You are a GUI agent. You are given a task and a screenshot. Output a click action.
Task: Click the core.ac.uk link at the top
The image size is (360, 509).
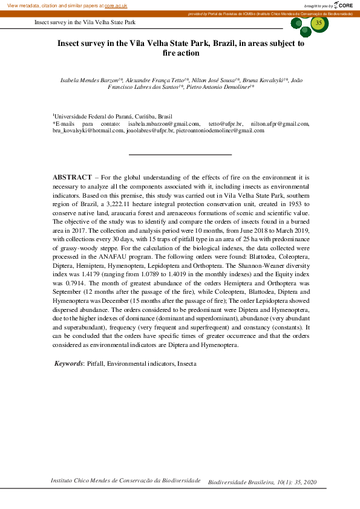point(116,5)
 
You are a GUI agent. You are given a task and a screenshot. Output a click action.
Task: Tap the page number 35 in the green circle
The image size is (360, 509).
point(319,23)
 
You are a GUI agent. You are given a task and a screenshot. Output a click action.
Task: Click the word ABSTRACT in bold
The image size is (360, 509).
point(72,178)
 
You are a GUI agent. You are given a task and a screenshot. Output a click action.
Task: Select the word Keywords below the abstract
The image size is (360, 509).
point(68,364)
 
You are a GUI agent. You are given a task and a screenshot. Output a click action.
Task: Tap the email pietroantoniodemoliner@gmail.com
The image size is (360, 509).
point(220,131)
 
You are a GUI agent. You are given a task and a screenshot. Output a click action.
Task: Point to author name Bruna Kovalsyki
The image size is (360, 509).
point(266,80)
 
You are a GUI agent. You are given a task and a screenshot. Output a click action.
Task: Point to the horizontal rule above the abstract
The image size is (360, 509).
point(180,155)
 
